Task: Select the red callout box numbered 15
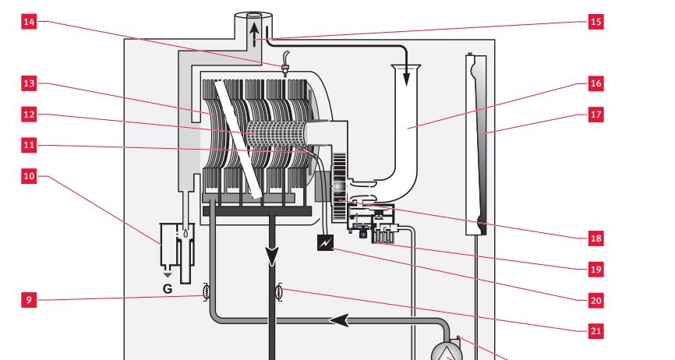[595, 22]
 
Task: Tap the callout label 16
[595, 83]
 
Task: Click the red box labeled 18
[595, 237]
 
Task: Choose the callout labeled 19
[595, 269]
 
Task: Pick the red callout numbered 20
[595, 299]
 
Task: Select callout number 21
[595, 330]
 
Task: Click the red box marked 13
[29, 83]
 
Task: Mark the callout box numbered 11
[29, 146]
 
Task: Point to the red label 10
[29, 177]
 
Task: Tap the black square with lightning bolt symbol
[324, 244]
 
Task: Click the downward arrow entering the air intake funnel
[406, 76]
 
